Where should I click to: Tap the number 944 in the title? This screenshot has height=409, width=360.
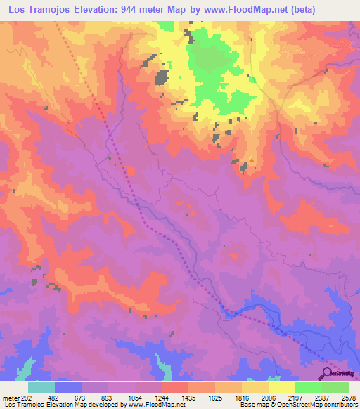[141, 9]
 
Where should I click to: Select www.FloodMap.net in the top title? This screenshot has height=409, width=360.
[233, 9]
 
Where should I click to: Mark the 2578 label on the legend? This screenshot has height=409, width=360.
[349, 398]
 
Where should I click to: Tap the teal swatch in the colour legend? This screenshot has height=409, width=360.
[41, 387]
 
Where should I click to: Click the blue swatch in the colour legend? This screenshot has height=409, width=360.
[67, 387]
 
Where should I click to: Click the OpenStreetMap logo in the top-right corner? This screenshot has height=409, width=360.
[336, 68]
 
